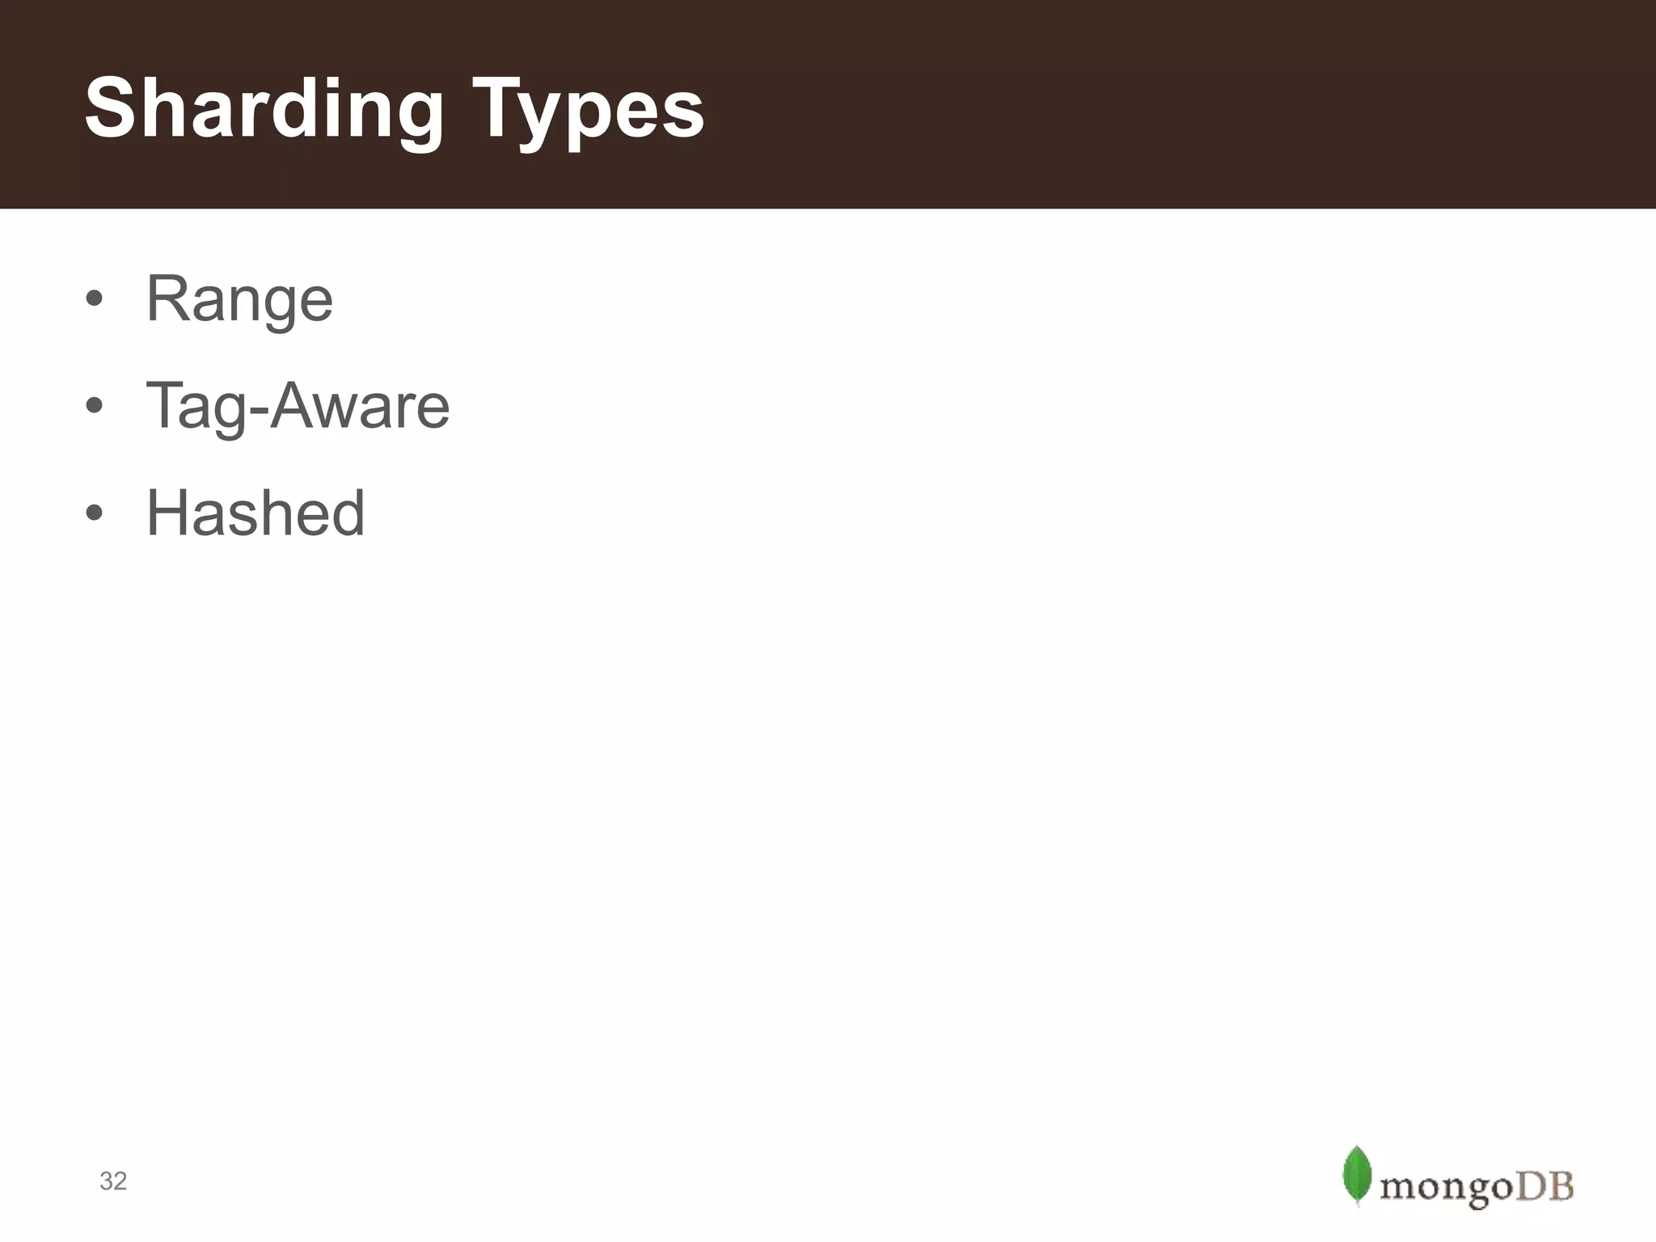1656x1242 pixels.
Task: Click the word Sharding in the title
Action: (264, 109)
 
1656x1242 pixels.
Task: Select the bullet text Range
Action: (239, 299)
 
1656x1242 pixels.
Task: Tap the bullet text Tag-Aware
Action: (298, 406)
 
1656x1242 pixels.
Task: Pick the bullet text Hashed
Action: (256, 513)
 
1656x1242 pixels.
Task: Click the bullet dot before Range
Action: (95, 298)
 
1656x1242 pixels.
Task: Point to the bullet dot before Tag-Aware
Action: (95, 405)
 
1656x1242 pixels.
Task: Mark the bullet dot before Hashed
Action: (95, 513)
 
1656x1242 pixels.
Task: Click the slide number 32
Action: (113, 1181)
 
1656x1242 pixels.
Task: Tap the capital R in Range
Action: (167, 299)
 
